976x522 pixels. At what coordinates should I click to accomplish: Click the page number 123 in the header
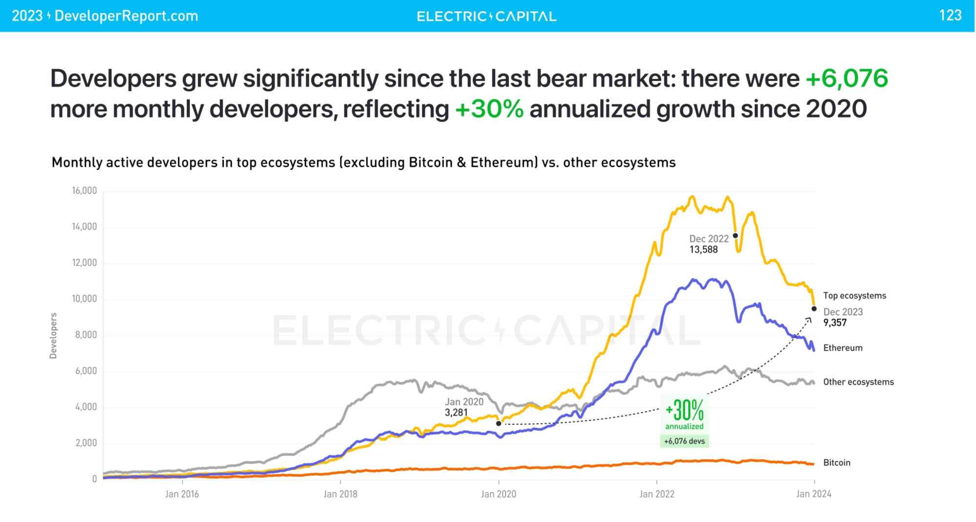[x=950, y=16]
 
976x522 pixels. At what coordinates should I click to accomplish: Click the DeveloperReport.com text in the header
[x=126, y=16]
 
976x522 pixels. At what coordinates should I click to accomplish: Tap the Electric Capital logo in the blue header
[x=487, y=17]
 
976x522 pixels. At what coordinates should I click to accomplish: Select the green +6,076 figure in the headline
[x=846, y=79]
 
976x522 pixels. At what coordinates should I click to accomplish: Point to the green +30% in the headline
[x=489, y=109]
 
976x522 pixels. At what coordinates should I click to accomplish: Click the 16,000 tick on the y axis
[x=84, y=191]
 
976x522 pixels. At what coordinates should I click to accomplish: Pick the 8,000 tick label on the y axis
[x=86, y=335]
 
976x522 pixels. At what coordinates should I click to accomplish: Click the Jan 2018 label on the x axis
[x=340, y=494]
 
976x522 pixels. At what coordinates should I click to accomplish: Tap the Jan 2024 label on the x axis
[x=813, y=494]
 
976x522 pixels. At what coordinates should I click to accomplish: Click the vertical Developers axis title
[x=53, y=336]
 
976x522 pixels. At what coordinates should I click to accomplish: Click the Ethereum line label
[x=843, y=348]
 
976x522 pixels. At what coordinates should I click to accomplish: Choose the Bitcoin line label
[x=836, y=462]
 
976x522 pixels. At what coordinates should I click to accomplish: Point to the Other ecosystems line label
[x=858, y=382]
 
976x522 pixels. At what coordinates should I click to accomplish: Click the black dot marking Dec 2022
[x=735, y=236]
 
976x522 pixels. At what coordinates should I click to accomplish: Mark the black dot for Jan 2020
[x=498, y=423]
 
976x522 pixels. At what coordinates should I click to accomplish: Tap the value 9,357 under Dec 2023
[x=835, y=322]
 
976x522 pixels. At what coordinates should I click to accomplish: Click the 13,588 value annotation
[x=703, y=250]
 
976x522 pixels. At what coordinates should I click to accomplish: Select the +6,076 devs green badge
[x=684, y=441]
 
